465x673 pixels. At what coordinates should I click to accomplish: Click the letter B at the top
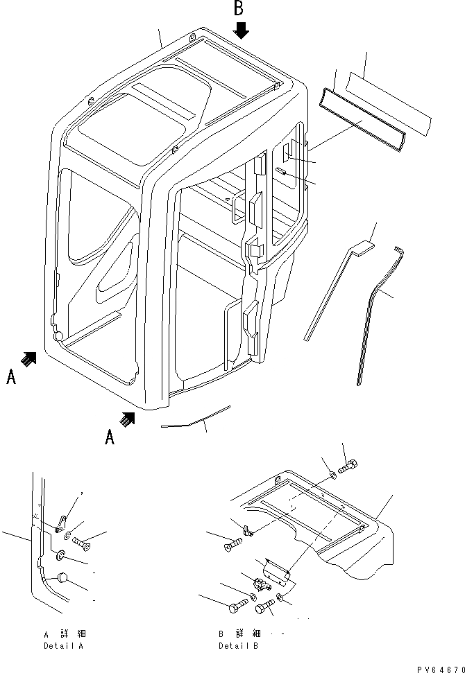point(239,8)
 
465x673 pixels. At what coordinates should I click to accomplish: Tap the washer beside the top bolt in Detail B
point(332,475)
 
